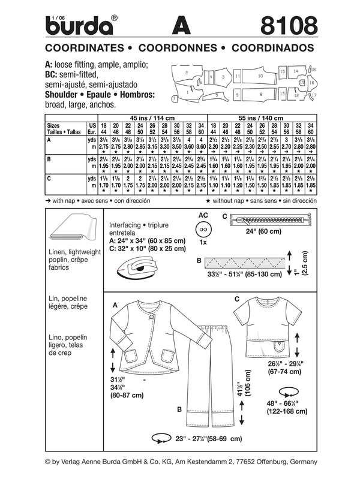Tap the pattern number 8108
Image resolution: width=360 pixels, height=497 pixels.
pyautogui.click(x=283, y=26)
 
